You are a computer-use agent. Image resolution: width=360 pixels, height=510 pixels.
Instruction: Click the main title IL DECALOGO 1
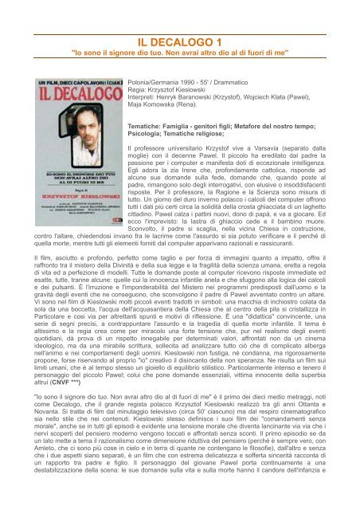click(180, 42)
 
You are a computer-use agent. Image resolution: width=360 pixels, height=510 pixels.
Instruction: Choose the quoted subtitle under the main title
click(180, 57)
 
